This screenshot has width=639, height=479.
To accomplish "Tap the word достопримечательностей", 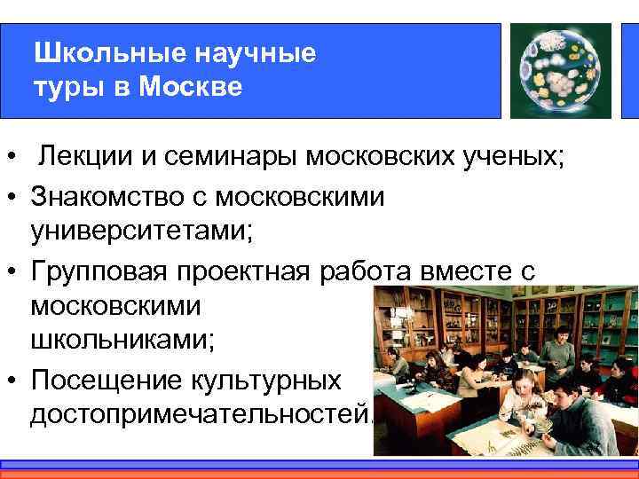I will [x=200, y=415].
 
